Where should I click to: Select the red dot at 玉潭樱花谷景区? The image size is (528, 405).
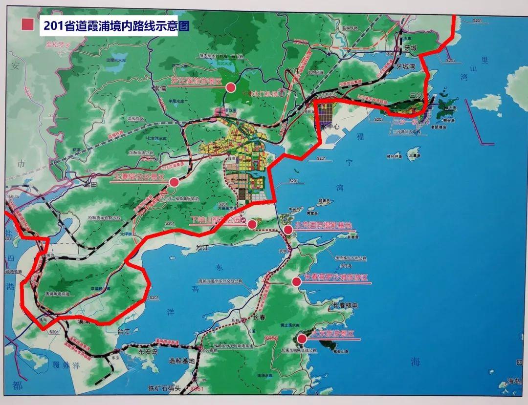[x=174, y=182]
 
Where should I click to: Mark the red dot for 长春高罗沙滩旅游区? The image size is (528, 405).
[x=296, y=281]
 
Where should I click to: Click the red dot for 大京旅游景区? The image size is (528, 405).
[x=302, y=338]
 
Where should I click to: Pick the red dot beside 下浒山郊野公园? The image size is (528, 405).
[x=252, y=224]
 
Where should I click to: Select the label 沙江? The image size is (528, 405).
[x=202, y=248]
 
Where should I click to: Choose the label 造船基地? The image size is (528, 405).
[x=181, y=361]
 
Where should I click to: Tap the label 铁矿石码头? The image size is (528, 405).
[x=167, y=389]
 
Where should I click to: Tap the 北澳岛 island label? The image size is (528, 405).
[x=414, y=156]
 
